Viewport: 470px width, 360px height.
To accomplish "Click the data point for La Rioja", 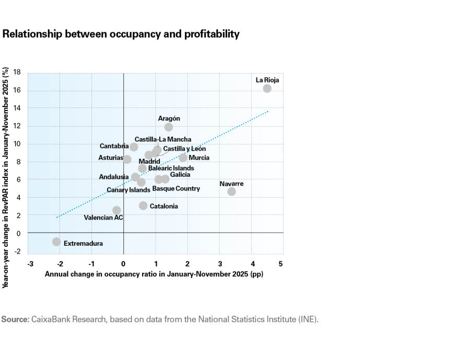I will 267,89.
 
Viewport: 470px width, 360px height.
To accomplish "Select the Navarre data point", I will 231,191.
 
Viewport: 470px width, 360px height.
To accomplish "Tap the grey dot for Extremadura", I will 56,242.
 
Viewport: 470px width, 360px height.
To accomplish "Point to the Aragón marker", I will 168,127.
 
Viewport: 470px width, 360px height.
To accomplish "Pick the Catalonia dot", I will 143,206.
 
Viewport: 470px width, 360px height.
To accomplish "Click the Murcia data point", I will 183,158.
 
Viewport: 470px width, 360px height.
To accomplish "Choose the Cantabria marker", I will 134,147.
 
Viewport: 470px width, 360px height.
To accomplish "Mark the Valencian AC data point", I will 116,210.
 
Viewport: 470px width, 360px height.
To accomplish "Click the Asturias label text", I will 110,158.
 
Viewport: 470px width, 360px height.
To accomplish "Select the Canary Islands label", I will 128,190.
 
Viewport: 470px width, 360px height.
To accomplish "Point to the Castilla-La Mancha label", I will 162,139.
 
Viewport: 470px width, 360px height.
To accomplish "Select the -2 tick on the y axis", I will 17,251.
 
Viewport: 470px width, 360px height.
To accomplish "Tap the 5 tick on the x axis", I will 280,263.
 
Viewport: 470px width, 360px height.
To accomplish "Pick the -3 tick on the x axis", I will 31,263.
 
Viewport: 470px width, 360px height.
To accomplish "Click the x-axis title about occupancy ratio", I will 154,274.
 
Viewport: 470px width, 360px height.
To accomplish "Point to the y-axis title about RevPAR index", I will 6,177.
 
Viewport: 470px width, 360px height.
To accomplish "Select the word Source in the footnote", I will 15,319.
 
